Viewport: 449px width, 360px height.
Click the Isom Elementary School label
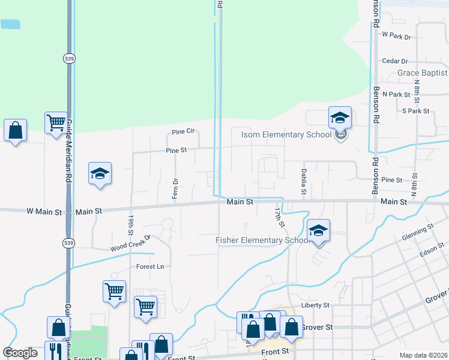click(286, 134)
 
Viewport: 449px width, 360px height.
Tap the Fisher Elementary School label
click(263, 241)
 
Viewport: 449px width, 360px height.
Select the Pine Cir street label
click(183, 131)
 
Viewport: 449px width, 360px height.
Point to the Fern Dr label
click(175, 188)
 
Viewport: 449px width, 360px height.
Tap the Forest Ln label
click(149, 266)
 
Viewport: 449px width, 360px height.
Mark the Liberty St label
click(315, 305)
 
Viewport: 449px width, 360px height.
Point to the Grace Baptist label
click(422, 73)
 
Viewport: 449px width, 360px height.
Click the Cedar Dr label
click(394, 61)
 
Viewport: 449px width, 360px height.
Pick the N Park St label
click(396, 95)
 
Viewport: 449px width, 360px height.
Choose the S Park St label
click(416, 111)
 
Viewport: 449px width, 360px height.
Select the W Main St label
click(44, 211)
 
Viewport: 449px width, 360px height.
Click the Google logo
click(20, 353)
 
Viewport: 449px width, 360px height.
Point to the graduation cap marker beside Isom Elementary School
click(339, 118)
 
